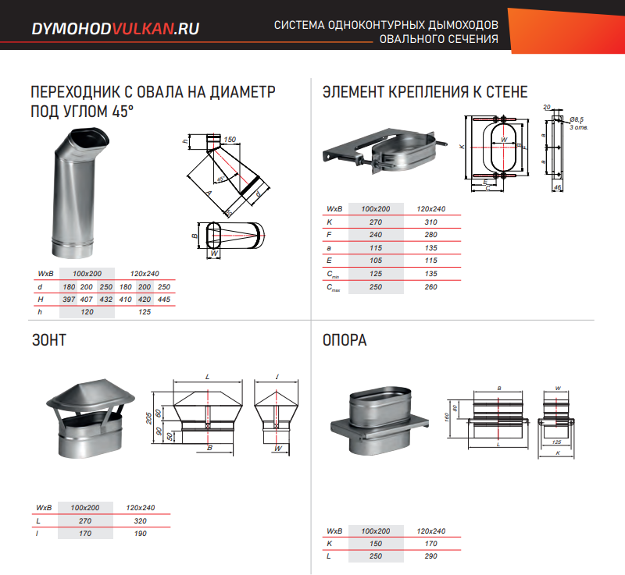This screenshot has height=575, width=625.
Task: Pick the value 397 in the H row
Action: click(68, 300)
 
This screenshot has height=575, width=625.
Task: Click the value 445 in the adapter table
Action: click(163, 300)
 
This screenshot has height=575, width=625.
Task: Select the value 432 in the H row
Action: click(105, 300)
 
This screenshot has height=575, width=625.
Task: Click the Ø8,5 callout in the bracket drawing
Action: click(577, 119)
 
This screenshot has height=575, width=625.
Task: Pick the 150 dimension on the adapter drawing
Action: click(229, 140)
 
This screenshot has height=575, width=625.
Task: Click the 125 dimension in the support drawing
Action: click(557, 441)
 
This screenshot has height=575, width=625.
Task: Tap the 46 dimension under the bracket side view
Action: click(557, 188)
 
